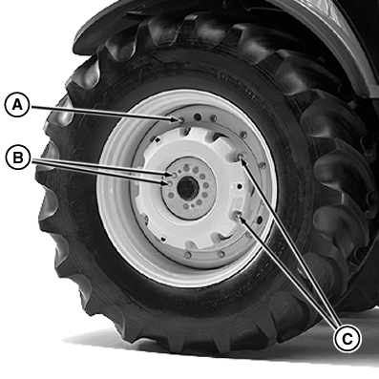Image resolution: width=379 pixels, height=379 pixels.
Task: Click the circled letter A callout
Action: (x=17, y=105)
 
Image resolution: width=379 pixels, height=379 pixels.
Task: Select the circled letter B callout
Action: (x=18, y=158)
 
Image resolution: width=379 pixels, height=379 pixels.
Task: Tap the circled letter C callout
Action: (x=347, y=339)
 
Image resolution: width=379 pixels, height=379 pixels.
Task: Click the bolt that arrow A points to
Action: (x=181, y=120)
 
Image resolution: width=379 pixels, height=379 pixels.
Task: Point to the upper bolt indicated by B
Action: (x=174, y=176)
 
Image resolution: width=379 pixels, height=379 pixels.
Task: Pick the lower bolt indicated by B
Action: (x=170, y=183)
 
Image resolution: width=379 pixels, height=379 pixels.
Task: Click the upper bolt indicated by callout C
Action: (x=241, y=157)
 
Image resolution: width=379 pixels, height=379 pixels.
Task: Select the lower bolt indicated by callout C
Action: (x=238, y=216)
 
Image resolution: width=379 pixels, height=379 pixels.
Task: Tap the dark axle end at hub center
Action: (x=187, y=189)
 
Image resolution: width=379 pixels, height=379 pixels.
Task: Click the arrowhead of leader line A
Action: (x=175, y=119)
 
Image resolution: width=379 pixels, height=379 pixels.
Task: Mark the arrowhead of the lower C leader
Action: (x=242, y=221)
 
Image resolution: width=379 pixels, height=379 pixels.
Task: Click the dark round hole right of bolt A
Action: (x=198, y=117)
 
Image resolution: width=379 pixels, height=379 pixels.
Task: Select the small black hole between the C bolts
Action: (x=240, y=186)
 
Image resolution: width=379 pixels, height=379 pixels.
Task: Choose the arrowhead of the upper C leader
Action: (x=244, y=162)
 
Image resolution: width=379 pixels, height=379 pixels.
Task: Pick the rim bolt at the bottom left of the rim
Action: (x=188, y=255)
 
